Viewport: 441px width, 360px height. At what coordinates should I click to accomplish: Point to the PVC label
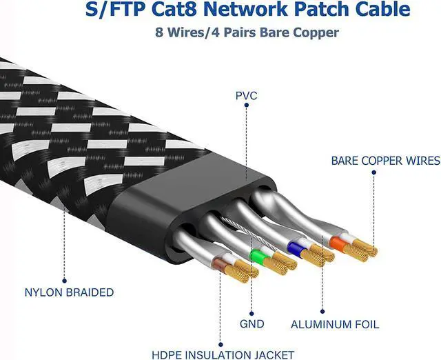pos(245,96)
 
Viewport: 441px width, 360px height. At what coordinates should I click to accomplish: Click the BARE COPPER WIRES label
pos(385,161)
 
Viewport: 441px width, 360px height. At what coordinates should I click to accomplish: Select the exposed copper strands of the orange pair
pos(362,249)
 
